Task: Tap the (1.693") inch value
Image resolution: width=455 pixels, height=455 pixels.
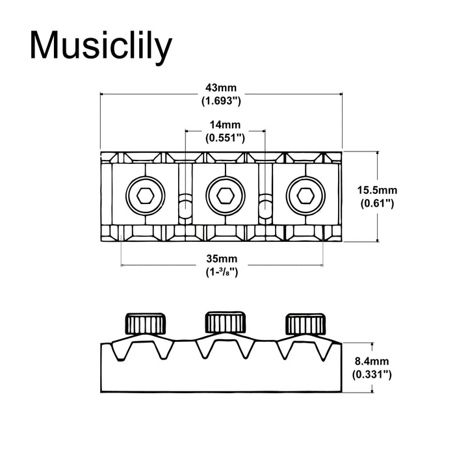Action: coord(222,101)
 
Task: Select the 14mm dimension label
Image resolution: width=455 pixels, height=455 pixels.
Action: coord(225,125)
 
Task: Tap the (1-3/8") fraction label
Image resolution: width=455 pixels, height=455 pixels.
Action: coord(222,273)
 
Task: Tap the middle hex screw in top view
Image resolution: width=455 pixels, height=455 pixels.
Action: coord(224,194)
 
